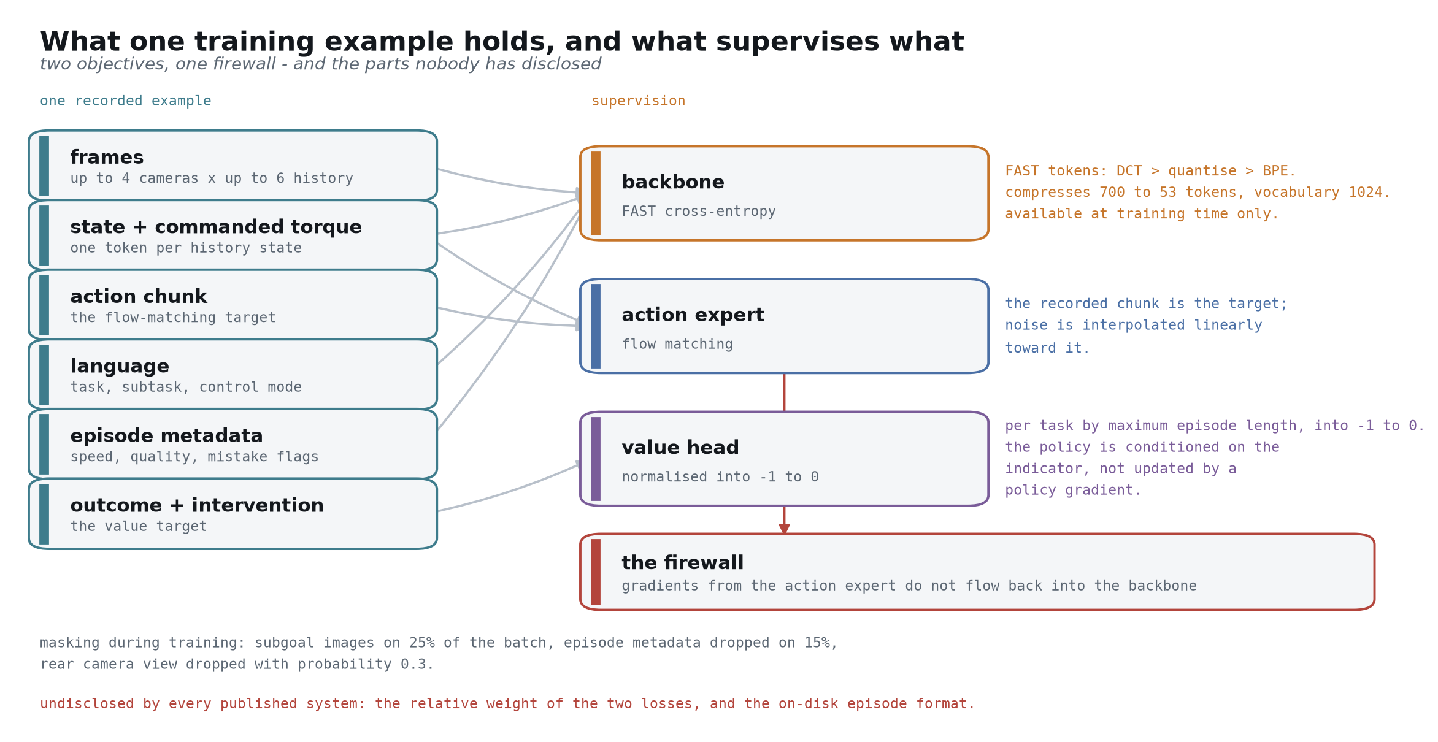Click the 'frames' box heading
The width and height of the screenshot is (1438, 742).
coord(107,158)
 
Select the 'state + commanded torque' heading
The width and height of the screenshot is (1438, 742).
coord(216,227)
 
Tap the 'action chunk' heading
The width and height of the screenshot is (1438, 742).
coord(139,297)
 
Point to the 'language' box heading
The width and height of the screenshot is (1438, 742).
coord(120,366)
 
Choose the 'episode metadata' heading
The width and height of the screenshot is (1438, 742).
coord(166,436)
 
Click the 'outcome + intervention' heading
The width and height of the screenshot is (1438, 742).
coord(197,505)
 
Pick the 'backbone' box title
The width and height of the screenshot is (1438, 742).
coord(673,182)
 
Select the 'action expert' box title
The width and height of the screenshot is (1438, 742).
coord(693,315)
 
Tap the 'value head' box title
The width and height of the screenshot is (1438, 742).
coord(680,448)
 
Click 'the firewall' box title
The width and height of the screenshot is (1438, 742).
coord(683,563)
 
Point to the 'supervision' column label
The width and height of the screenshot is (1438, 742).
coord(638,101)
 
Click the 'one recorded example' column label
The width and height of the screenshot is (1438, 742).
coord(126,101)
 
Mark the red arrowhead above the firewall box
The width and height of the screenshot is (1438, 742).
coord(784,529)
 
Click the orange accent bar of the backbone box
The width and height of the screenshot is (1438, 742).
coord(596,193)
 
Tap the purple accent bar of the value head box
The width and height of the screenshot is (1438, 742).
coord(596,459)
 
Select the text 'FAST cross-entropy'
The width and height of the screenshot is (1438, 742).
coord(699,212)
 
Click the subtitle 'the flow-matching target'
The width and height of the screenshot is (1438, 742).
coord(173,318)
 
